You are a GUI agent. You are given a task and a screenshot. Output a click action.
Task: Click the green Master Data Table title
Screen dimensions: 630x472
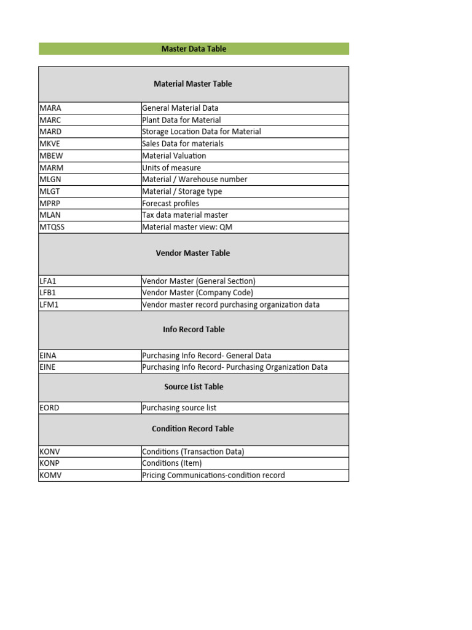(x=194, y=49)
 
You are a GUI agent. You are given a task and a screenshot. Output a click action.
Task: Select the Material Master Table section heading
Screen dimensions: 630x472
(x=193, y=84)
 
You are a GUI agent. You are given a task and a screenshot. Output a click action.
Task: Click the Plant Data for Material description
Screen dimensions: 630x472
(x=181, y=120)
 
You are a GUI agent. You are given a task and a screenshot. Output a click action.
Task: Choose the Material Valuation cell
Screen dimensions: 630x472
(x=174, y=156)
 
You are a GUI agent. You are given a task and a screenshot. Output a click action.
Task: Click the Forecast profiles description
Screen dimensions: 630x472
(x=170, y=203)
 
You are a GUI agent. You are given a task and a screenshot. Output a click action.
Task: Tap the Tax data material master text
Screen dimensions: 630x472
(x=185, y=215)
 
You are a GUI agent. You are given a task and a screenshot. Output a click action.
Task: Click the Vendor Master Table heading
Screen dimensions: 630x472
(x=193, y=253)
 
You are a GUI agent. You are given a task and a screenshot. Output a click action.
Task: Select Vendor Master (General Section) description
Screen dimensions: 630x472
(x=199, y=281)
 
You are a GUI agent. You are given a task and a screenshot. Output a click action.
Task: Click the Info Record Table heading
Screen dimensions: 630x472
(x=194, y=330)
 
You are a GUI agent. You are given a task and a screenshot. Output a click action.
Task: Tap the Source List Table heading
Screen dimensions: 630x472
(x=194, y=387)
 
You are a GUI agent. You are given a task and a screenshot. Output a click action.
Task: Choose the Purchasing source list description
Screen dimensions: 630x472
(x=179, y=408)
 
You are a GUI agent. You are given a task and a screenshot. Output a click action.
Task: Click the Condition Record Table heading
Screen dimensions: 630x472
(x=193, y=429)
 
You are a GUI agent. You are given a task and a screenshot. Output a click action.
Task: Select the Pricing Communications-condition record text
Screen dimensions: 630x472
(x=213, y=476)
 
